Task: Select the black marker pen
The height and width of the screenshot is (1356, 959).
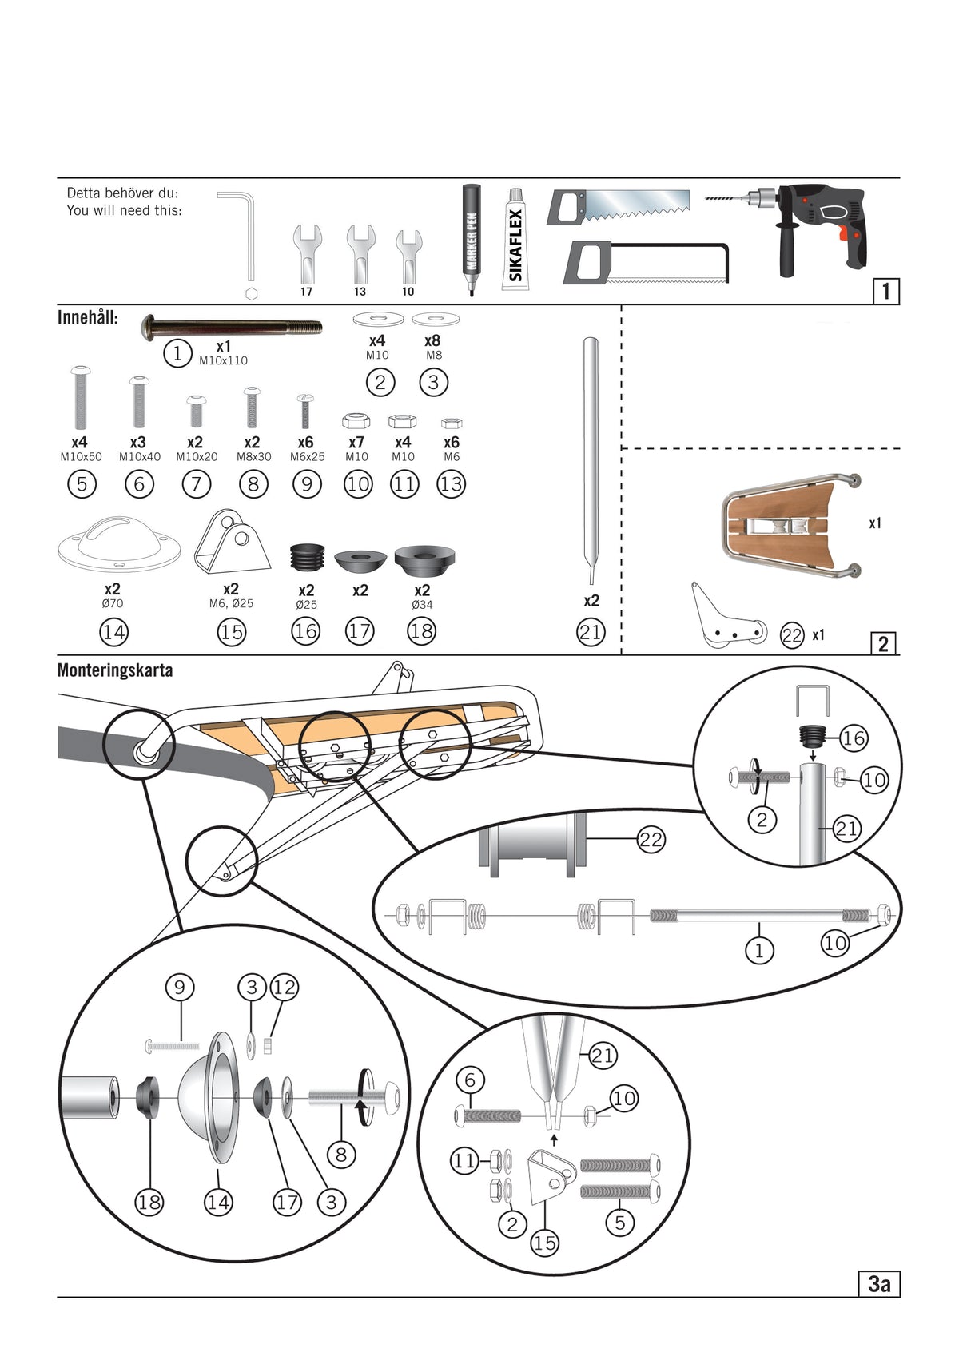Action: (x=471, y=238)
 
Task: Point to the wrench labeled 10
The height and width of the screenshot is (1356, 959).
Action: (x=408, y=252)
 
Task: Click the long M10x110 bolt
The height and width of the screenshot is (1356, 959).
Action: (x=232, y=327)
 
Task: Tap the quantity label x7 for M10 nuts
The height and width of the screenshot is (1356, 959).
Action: (x=356, y=442)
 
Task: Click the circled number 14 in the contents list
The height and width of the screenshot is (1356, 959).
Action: (x=113, y=632)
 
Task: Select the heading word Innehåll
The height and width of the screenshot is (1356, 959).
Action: (x=87, y=317)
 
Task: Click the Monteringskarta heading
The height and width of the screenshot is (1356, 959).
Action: (x=114, y=670)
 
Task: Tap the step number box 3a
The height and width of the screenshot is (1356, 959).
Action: (x=878, y=1283)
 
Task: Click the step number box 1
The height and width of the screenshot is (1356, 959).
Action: (x=885, y=291)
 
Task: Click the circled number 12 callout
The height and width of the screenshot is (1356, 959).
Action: (x=284, y=987)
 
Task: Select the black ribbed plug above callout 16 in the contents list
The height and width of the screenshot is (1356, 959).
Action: (x=307, y=556)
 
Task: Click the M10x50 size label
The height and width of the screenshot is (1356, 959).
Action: (x=81, y=457)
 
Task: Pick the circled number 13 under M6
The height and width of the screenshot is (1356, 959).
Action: (x=451, y=483)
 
